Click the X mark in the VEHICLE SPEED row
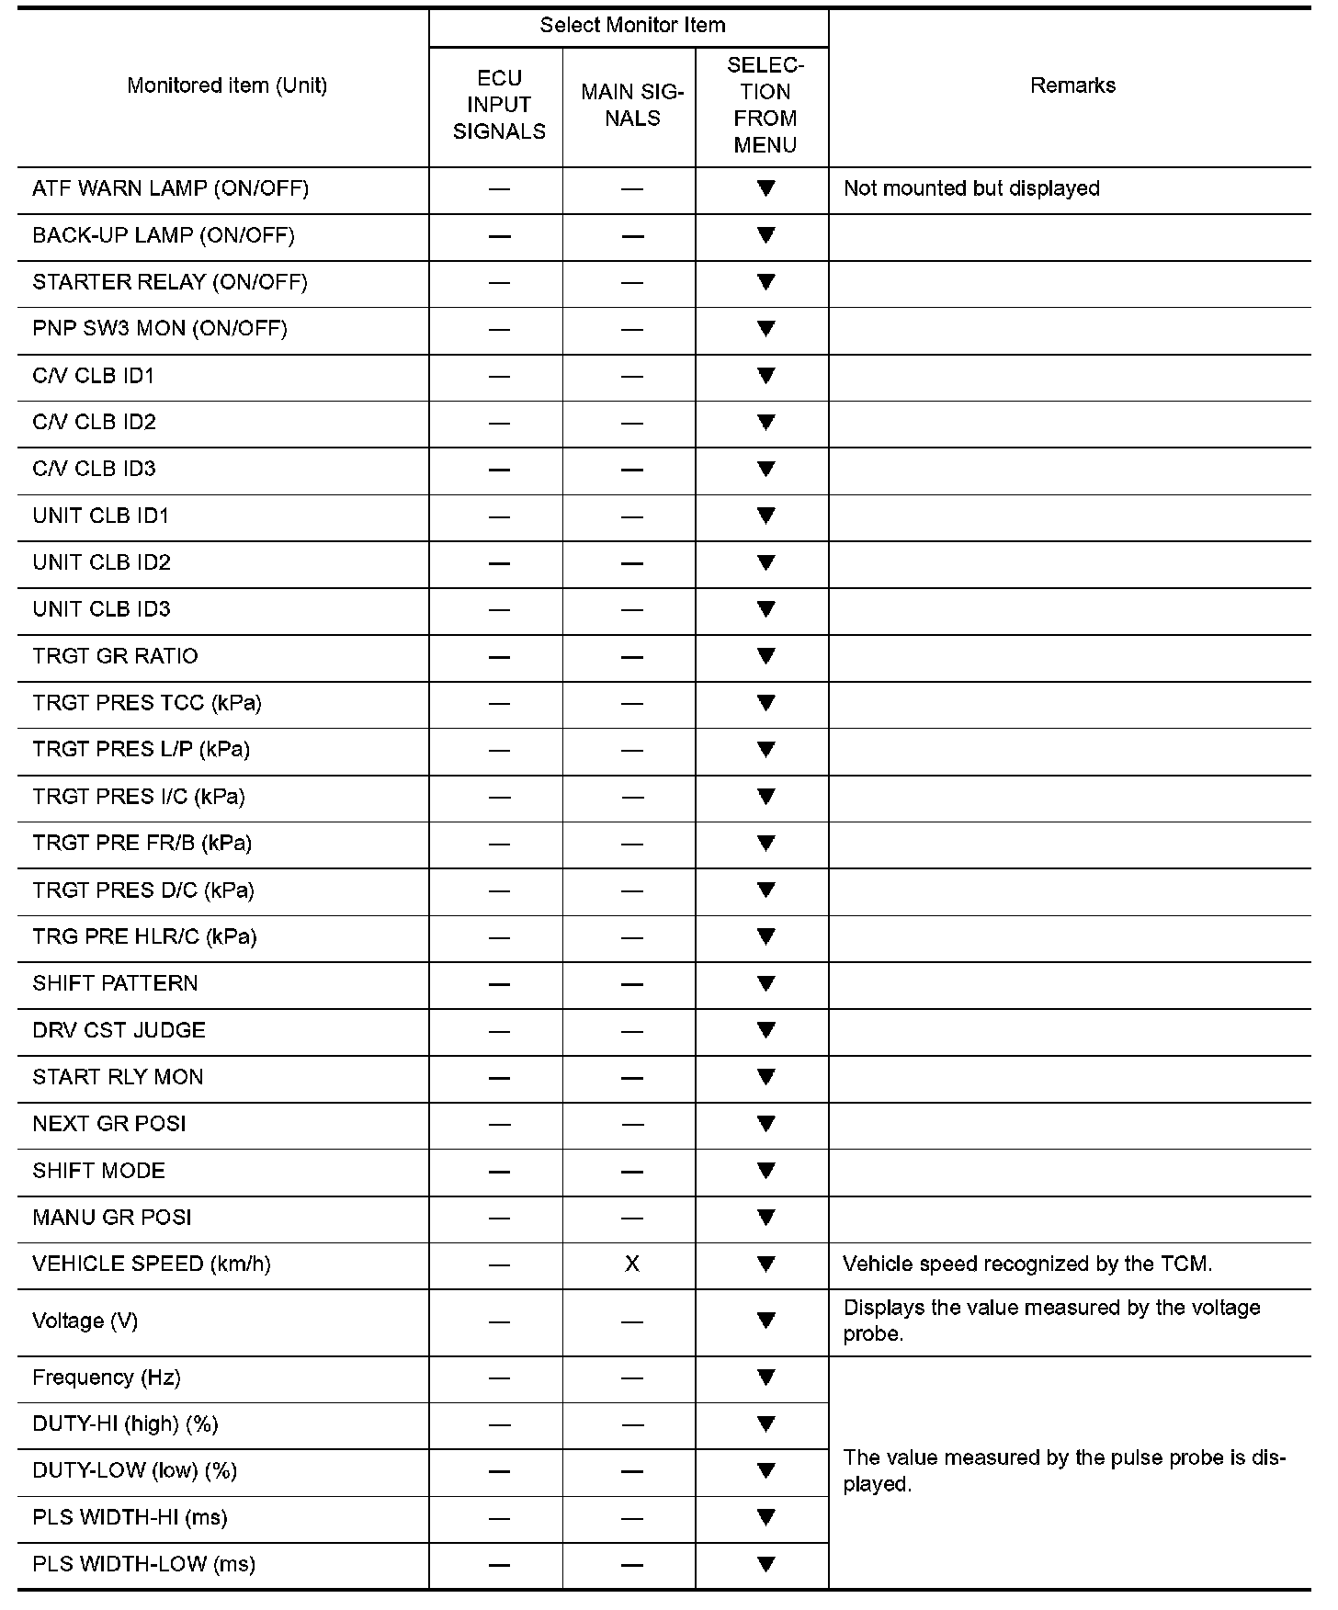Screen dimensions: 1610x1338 (632, 1264)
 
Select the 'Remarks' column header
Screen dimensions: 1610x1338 (1072, 85)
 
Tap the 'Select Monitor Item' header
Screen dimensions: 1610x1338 (632, 26)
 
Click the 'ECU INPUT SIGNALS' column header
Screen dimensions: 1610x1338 (499, 105)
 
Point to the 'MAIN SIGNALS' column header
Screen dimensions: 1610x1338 (632, 105)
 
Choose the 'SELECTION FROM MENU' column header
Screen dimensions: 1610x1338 (765, 105)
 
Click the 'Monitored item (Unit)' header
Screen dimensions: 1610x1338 (227, 85)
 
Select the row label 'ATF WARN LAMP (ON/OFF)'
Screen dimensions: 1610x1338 (171, 188)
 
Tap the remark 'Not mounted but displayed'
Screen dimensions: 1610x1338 (971, 188)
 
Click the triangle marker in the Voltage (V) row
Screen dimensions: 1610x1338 (765, 1321)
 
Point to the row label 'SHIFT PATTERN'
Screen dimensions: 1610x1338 (115, 983)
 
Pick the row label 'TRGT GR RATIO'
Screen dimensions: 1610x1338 (115, 656)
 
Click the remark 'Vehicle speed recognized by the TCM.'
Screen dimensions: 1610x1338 (1027, 1264)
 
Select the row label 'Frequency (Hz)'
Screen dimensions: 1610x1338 (107, 1378)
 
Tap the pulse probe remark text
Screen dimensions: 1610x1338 (1064, 1470)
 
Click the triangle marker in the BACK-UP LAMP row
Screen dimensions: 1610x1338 (765, 235)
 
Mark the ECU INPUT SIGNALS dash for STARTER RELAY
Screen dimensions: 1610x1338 (499, 282)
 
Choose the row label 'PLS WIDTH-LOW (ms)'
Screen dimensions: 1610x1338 (143, 1564)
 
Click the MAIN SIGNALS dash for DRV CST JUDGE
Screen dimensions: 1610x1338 (632, 1031)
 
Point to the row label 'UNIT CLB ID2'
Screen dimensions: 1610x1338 (101, 562)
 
